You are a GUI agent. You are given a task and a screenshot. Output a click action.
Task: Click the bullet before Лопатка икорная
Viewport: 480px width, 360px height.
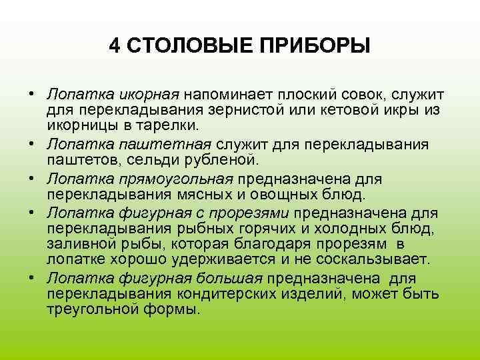tap(31, 93)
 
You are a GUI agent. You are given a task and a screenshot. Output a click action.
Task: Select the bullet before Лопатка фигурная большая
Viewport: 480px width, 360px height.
tap(31, 278)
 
